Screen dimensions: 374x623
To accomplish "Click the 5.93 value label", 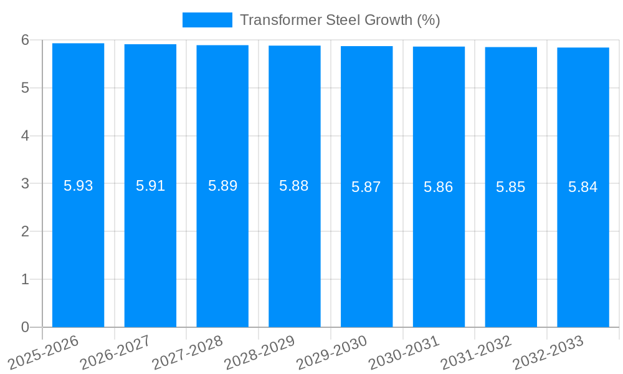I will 78,186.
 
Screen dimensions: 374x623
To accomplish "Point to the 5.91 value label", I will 150,186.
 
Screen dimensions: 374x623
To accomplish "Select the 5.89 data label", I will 222,186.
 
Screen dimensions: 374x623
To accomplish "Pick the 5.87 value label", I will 366,187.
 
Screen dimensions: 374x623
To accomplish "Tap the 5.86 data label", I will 439,187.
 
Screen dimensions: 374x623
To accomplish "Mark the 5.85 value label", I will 511,187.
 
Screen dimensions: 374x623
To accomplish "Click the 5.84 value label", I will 583,187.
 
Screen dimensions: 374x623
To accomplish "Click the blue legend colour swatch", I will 207,20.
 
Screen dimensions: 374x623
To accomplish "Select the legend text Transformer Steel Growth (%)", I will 340,20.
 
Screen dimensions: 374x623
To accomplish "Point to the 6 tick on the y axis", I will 25,40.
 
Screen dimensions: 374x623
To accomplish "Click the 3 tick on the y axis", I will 25,184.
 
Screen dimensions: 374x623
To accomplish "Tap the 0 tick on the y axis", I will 25,327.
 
